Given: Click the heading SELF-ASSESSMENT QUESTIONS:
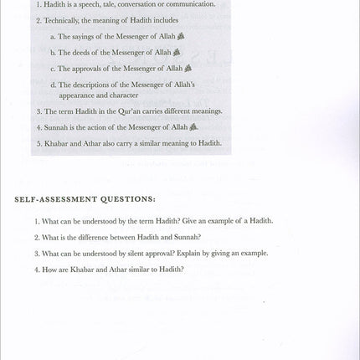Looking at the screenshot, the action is point(84,198).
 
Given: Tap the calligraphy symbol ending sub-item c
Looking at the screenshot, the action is point(188,68).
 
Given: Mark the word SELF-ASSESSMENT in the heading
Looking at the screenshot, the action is point(54,198).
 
